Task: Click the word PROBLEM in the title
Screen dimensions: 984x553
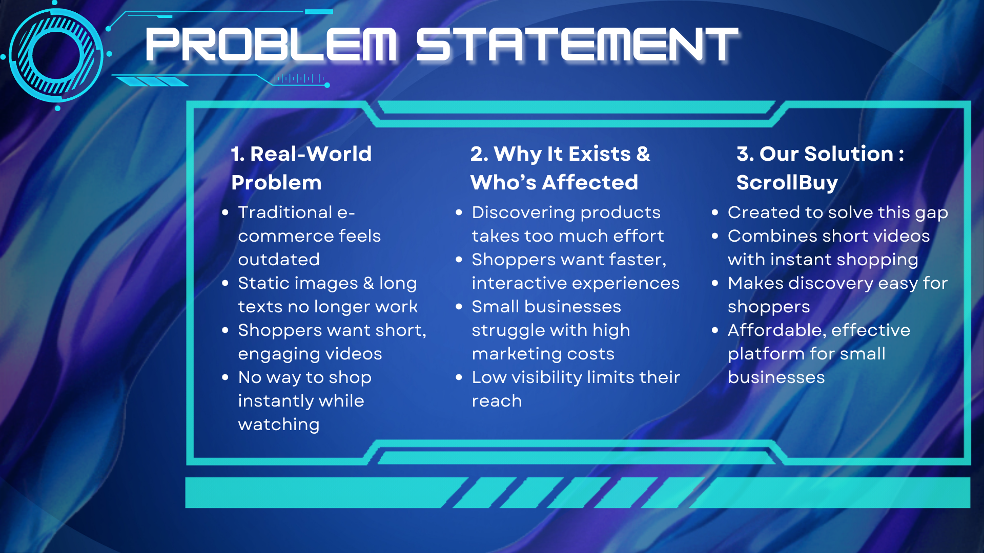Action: (271, 45)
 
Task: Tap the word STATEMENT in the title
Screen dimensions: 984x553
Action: (577, 45)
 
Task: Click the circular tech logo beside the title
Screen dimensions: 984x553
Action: (56, 55)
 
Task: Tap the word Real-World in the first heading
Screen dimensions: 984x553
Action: (311, 154)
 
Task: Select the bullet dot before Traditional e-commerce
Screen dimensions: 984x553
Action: (225, 212)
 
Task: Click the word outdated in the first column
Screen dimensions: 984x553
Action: (279, 260)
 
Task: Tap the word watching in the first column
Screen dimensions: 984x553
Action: (279, 425)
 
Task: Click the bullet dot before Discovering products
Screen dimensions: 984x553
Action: (459, 212)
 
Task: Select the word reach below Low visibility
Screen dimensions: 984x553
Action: (497, 401)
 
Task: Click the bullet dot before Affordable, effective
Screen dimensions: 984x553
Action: (715, 330)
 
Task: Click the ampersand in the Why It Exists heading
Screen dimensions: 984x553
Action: (643, 154)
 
